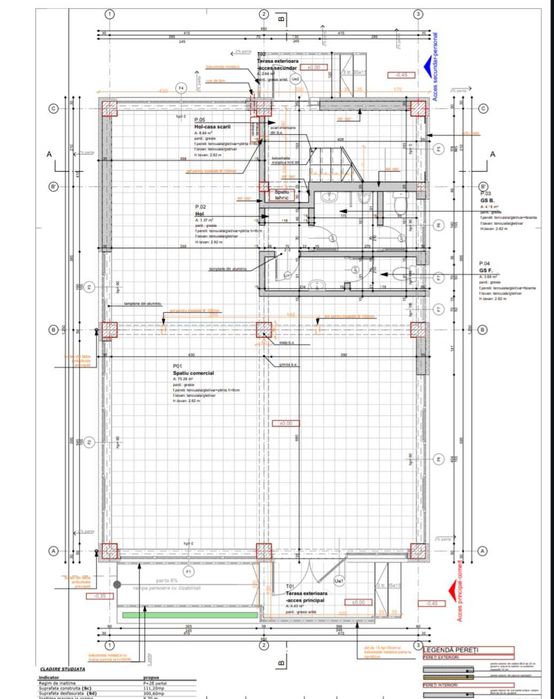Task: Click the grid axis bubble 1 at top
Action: click(108, 14)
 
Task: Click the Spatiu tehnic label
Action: click(282, 193)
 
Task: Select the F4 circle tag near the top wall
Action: click(181, 89)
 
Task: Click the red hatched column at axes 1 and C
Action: click(108, 108)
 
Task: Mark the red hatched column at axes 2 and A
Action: click(262, 550)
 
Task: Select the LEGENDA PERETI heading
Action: click(455, 648)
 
